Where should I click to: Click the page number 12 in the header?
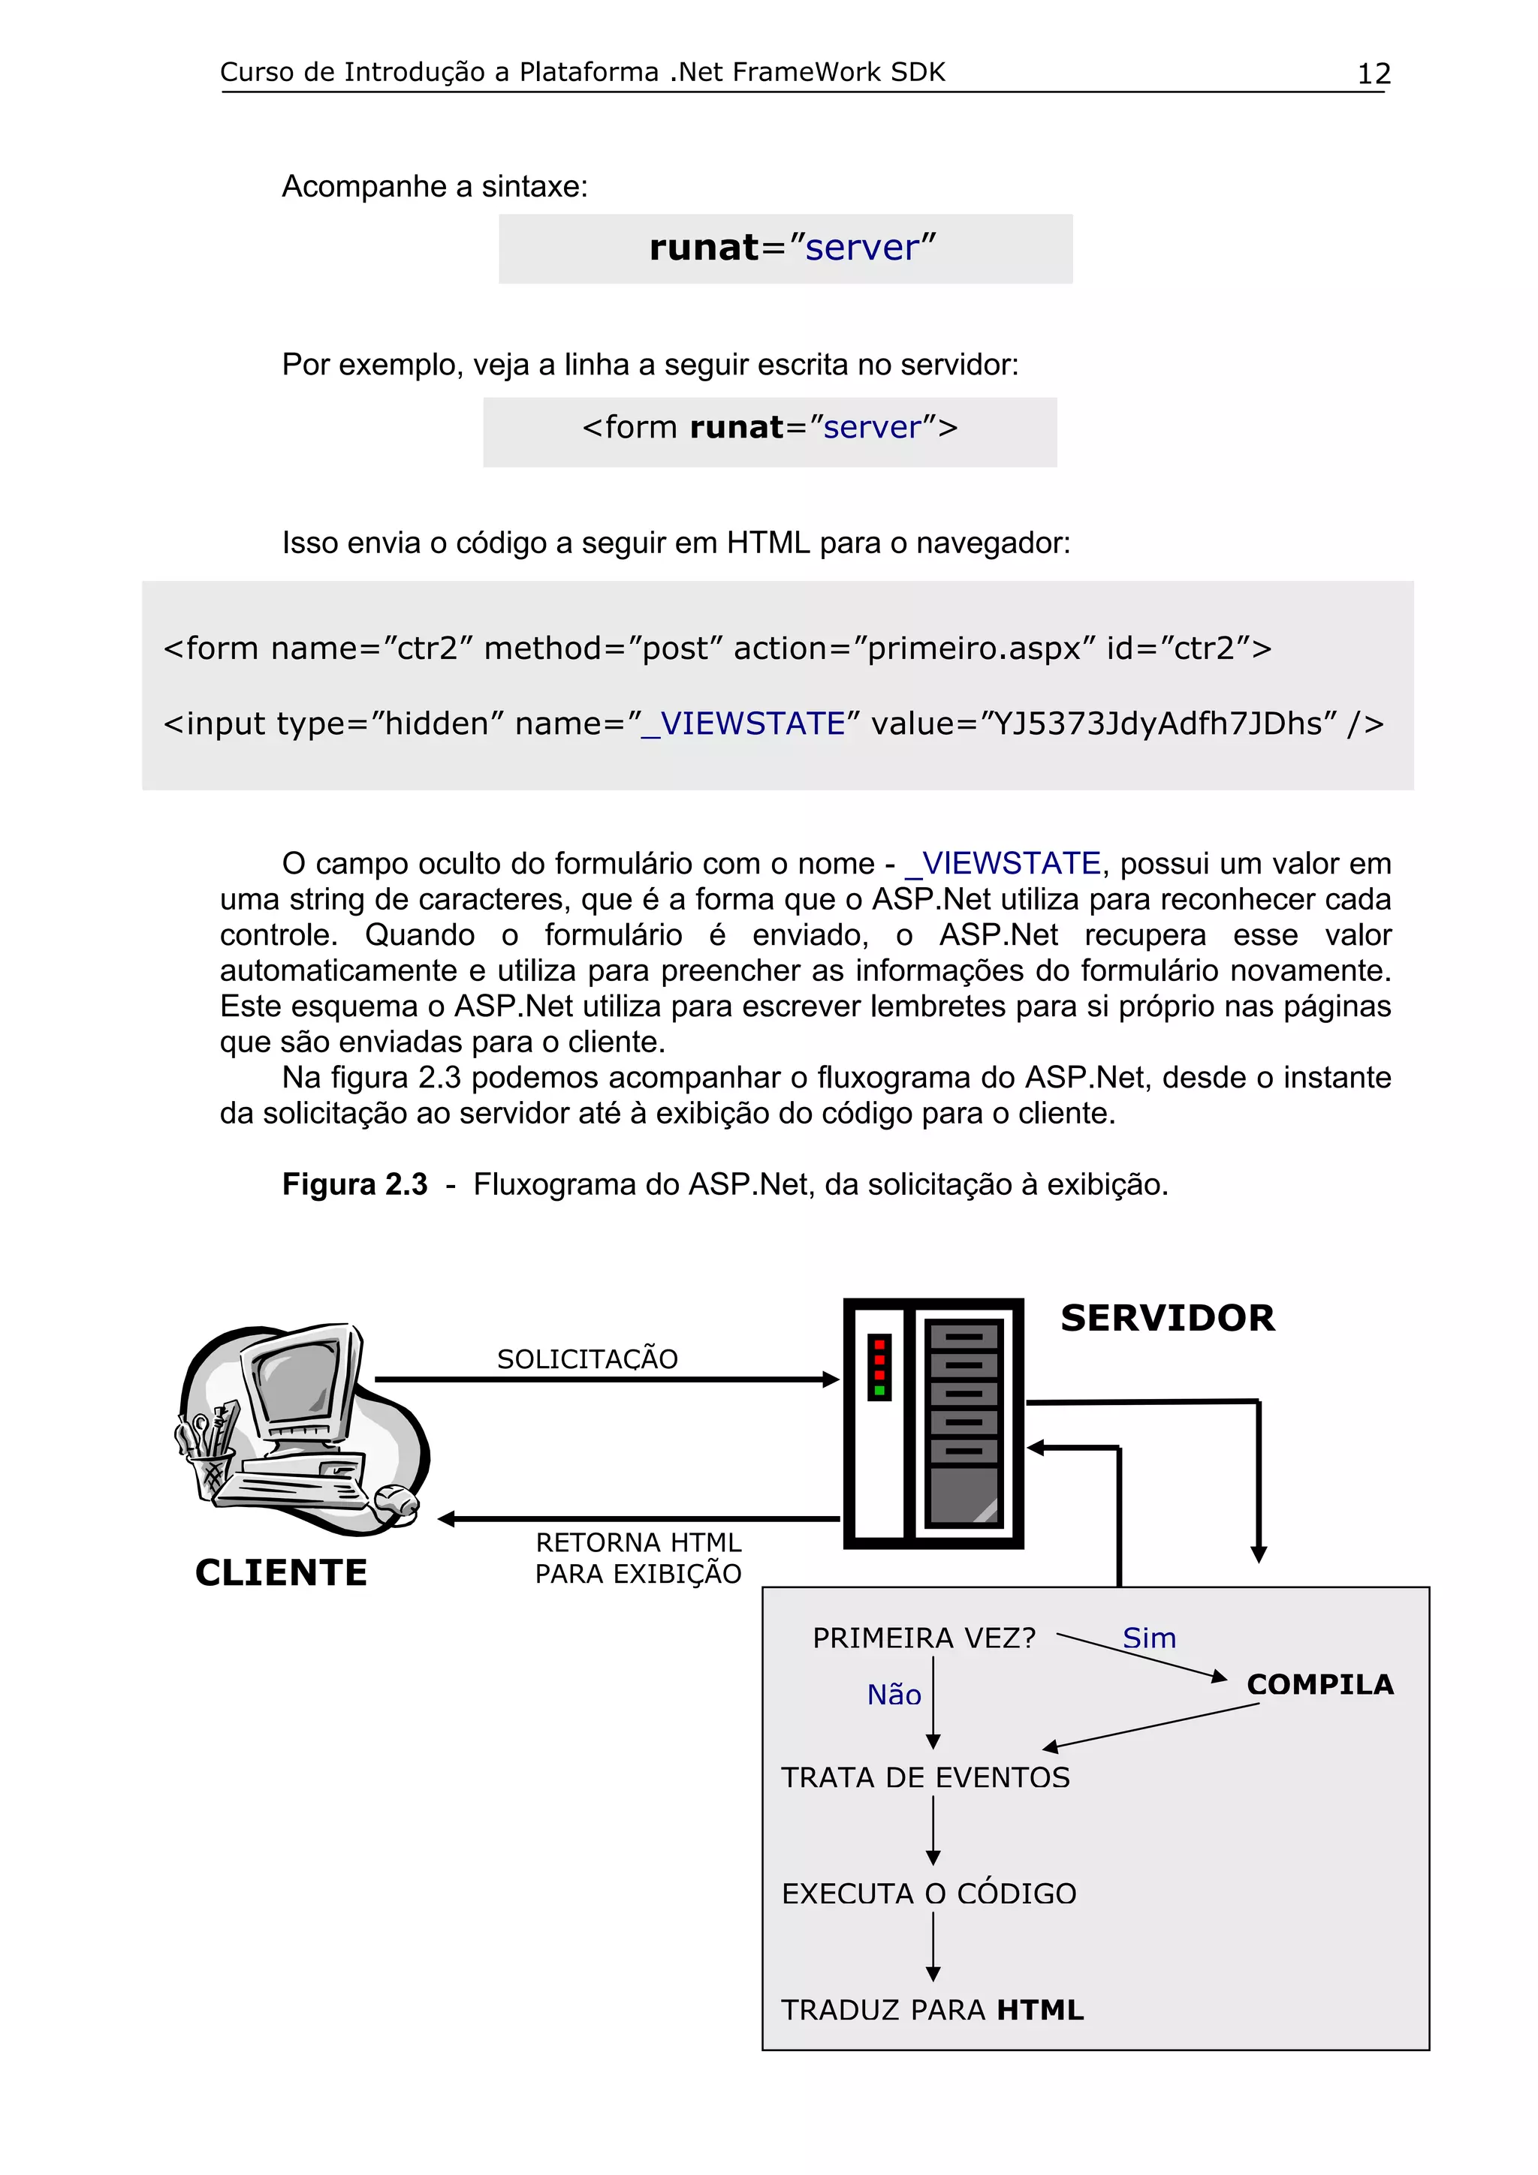pos(1373,74)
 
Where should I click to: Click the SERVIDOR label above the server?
pos(1168,1318)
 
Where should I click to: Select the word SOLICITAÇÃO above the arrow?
pos(587,1359)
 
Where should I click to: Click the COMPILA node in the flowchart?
pos(1320,1684)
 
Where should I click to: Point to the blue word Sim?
pos(1148,1638)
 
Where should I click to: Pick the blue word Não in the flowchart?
pos(894,1695)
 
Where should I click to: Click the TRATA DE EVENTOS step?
pos(925,1777)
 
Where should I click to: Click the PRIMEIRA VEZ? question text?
pos(924,1638)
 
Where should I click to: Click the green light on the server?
pos(879,1391)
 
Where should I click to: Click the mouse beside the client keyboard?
pos(396,1500)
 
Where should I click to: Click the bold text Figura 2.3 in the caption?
pos(354,1184)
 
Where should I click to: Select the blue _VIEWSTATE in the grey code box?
pos(744,723)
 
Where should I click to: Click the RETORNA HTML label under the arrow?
pos(638,1542)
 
